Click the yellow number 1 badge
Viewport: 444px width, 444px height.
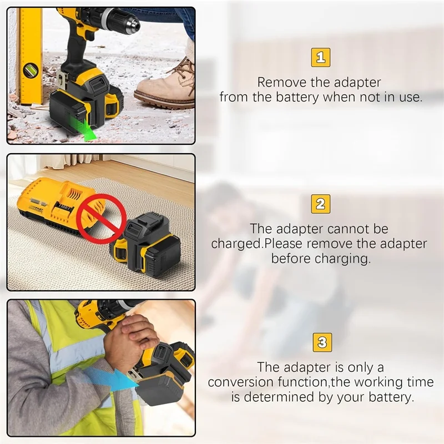coord(320,57)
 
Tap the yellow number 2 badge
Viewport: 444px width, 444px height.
coord(320,204)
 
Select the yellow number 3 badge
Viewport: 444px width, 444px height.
coord(320,341)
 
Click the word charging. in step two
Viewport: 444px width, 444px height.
coord(347,259)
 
